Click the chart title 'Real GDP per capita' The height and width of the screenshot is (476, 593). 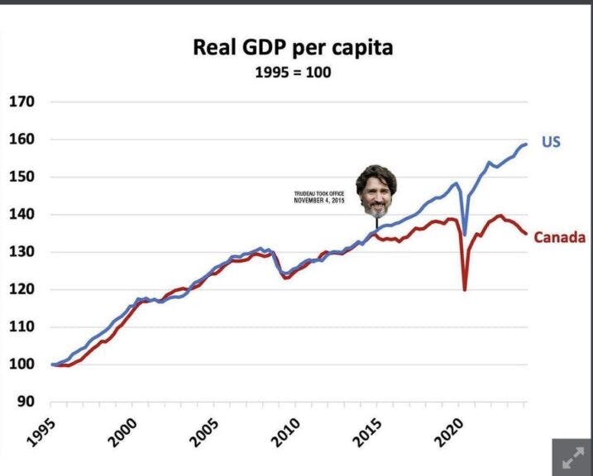293,48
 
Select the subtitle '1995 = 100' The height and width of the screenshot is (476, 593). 293,73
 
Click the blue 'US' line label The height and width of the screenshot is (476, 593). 551,142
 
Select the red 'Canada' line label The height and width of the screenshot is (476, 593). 559,238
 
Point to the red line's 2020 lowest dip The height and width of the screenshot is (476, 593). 465,289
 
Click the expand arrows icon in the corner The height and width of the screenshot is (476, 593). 572,457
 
